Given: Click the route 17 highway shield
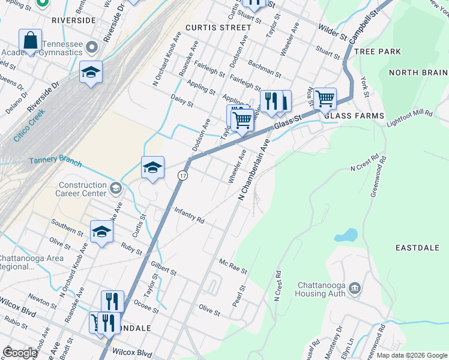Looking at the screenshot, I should (x=182, y=175).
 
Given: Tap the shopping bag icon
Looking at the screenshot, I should (x=30, y=40).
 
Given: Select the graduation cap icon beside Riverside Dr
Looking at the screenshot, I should (x=91, y=72).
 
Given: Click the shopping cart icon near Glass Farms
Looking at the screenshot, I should (x=325, y=98).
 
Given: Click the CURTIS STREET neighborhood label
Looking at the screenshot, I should (x=218, y=28).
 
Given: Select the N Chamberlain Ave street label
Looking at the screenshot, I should (x=252, y=171).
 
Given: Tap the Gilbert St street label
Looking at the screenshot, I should (x=164, y=268).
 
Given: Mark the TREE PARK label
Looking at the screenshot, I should (x=378, y=52).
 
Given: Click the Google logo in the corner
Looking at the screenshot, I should (x=20, y=353).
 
